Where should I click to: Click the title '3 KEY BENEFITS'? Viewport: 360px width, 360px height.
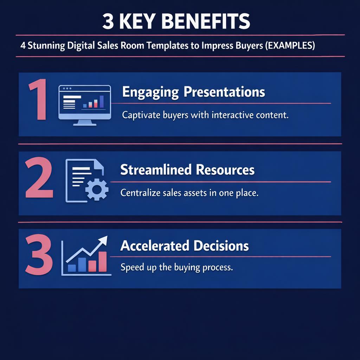(x=176, y=22)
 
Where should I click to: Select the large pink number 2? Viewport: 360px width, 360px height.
(x=39, y=179)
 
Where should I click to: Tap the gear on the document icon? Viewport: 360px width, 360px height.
(x=97, y=189)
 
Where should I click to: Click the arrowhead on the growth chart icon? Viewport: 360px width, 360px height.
(x=103, y=241)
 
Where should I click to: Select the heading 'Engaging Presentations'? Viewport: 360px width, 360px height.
(x=193, y=92)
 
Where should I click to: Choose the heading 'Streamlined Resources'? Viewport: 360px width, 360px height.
(x=187, y=170)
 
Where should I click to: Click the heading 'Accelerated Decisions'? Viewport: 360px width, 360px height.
(x=185, y=246)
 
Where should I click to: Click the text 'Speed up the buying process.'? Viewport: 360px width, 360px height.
(x=176, y=267)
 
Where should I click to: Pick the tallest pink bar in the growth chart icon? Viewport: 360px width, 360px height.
(x=103, y=262)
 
